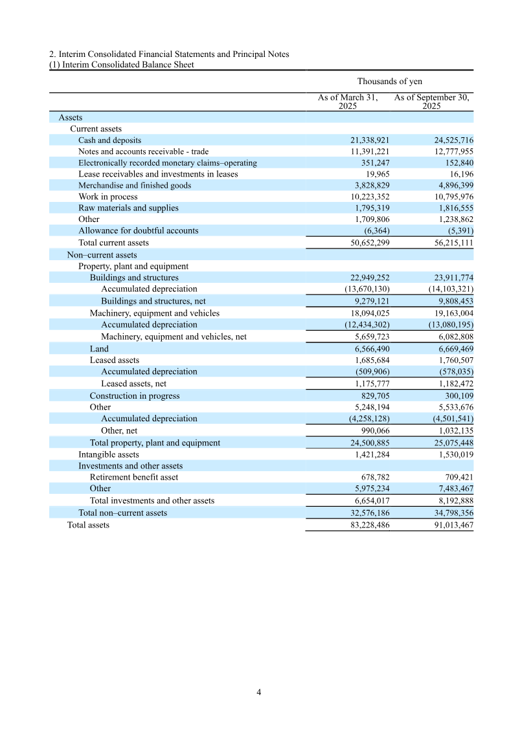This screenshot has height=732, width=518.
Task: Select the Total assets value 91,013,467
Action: coord(447,525)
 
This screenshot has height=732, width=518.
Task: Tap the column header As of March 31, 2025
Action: coord(348,102)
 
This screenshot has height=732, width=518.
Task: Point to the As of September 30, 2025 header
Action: coord(432,102)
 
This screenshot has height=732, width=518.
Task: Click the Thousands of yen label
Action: coord(390,82)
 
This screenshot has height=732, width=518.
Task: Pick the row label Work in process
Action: coord(108,197)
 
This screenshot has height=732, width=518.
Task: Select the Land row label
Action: coord(99,349)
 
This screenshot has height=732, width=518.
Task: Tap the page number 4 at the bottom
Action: coord(259,692)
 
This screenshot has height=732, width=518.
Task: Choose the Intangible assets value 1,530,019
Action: coord(449,455)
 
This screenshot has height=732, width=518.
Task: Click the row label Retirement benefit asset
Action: coord(134,477)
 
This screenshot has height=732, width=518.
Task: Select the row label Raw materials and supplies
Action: coord(128,208)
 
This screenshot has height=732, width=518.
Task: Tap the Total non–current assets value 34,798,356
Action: coord(447,513)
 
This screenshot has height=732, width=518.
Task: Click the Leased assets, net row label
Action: coord(133,384)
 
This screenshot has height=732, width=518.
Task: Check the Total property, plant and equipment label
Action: coord(155,443)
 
